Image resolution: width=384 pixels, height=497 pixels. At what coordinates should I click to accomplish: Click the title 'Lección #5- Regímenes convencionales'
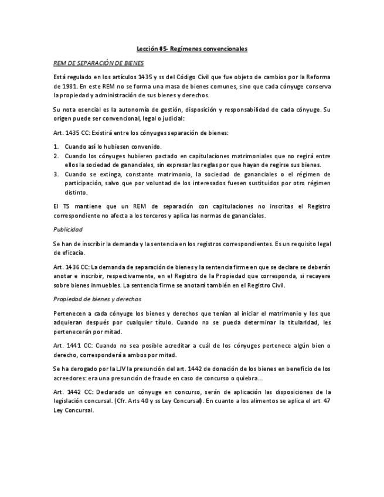[x=192, y=49]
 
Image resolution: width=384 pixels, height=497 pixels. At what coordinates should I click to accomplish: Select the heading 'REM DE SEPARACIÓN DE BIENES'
[x=98, y=63]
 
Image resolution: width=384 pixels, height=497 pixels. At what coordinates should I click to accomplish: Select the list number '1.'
[x=56, y=147]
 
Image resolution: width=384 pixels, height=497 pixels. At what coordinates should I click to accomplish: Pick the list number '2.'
[x=56, y=156]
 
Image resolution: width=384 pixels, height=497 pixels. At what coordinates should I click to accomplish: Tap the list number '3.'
[x=56, y=174]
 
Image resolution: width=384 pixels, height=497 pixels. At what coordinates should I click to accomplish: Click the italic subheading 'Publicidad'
[x=68, y=229]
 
